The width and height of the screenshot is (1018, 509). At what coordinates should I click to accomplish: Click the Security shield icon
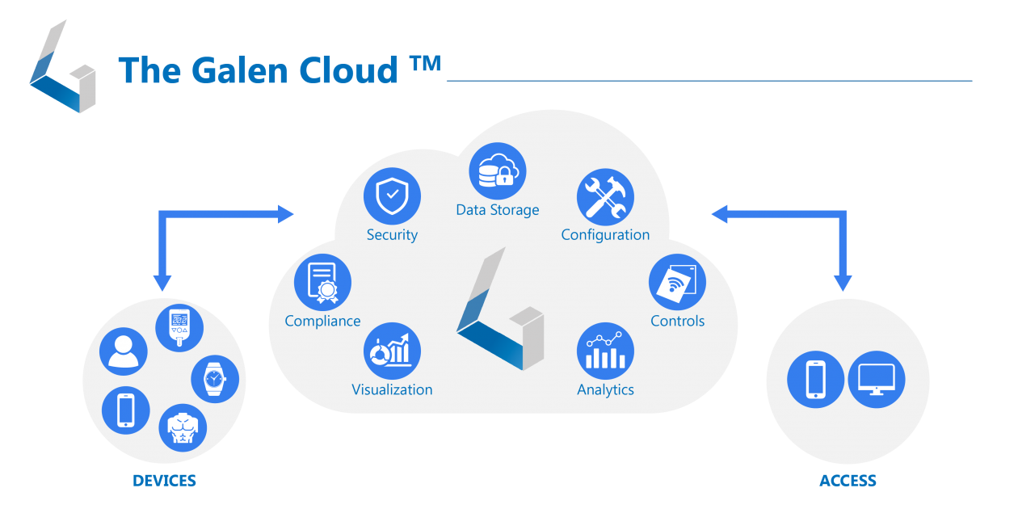[x=392, y=196]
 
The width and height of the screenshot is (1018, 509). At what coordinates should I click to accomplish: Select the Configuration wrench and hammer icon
[x=605, y=197]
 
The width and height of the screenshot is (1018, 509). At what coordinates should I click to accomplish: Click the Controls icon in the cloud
[x=677, y=283]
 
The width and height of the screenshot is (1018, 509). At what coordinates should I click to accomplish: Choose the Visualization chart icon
[x=392, y=351]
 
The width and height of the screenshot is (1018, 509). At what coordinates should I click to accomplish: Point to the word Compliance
[x=322, y=321]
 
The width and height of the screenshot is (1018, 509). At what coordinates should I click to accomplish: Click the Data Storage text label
[x=498, y=210]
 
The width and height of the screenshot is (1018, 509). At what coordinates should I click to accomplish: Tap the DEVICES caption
[x=165, y=481]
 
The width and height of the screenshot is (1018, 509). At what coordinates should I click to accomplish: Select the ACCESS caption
[x=848, y=481]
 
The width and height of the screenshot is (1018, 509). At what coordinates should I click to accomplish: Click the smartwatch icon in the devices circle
[x=215, y=378]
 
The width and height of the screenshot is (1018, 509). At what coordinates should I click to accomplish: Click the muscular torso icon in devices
[x=183, y=427]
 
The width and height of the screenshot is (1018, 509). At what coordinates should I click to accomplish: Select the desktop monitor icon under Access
[x=877, y=379]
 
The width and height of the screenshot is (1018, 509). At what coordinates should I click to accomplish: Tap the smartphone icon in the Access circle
[x=816, y=379]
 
